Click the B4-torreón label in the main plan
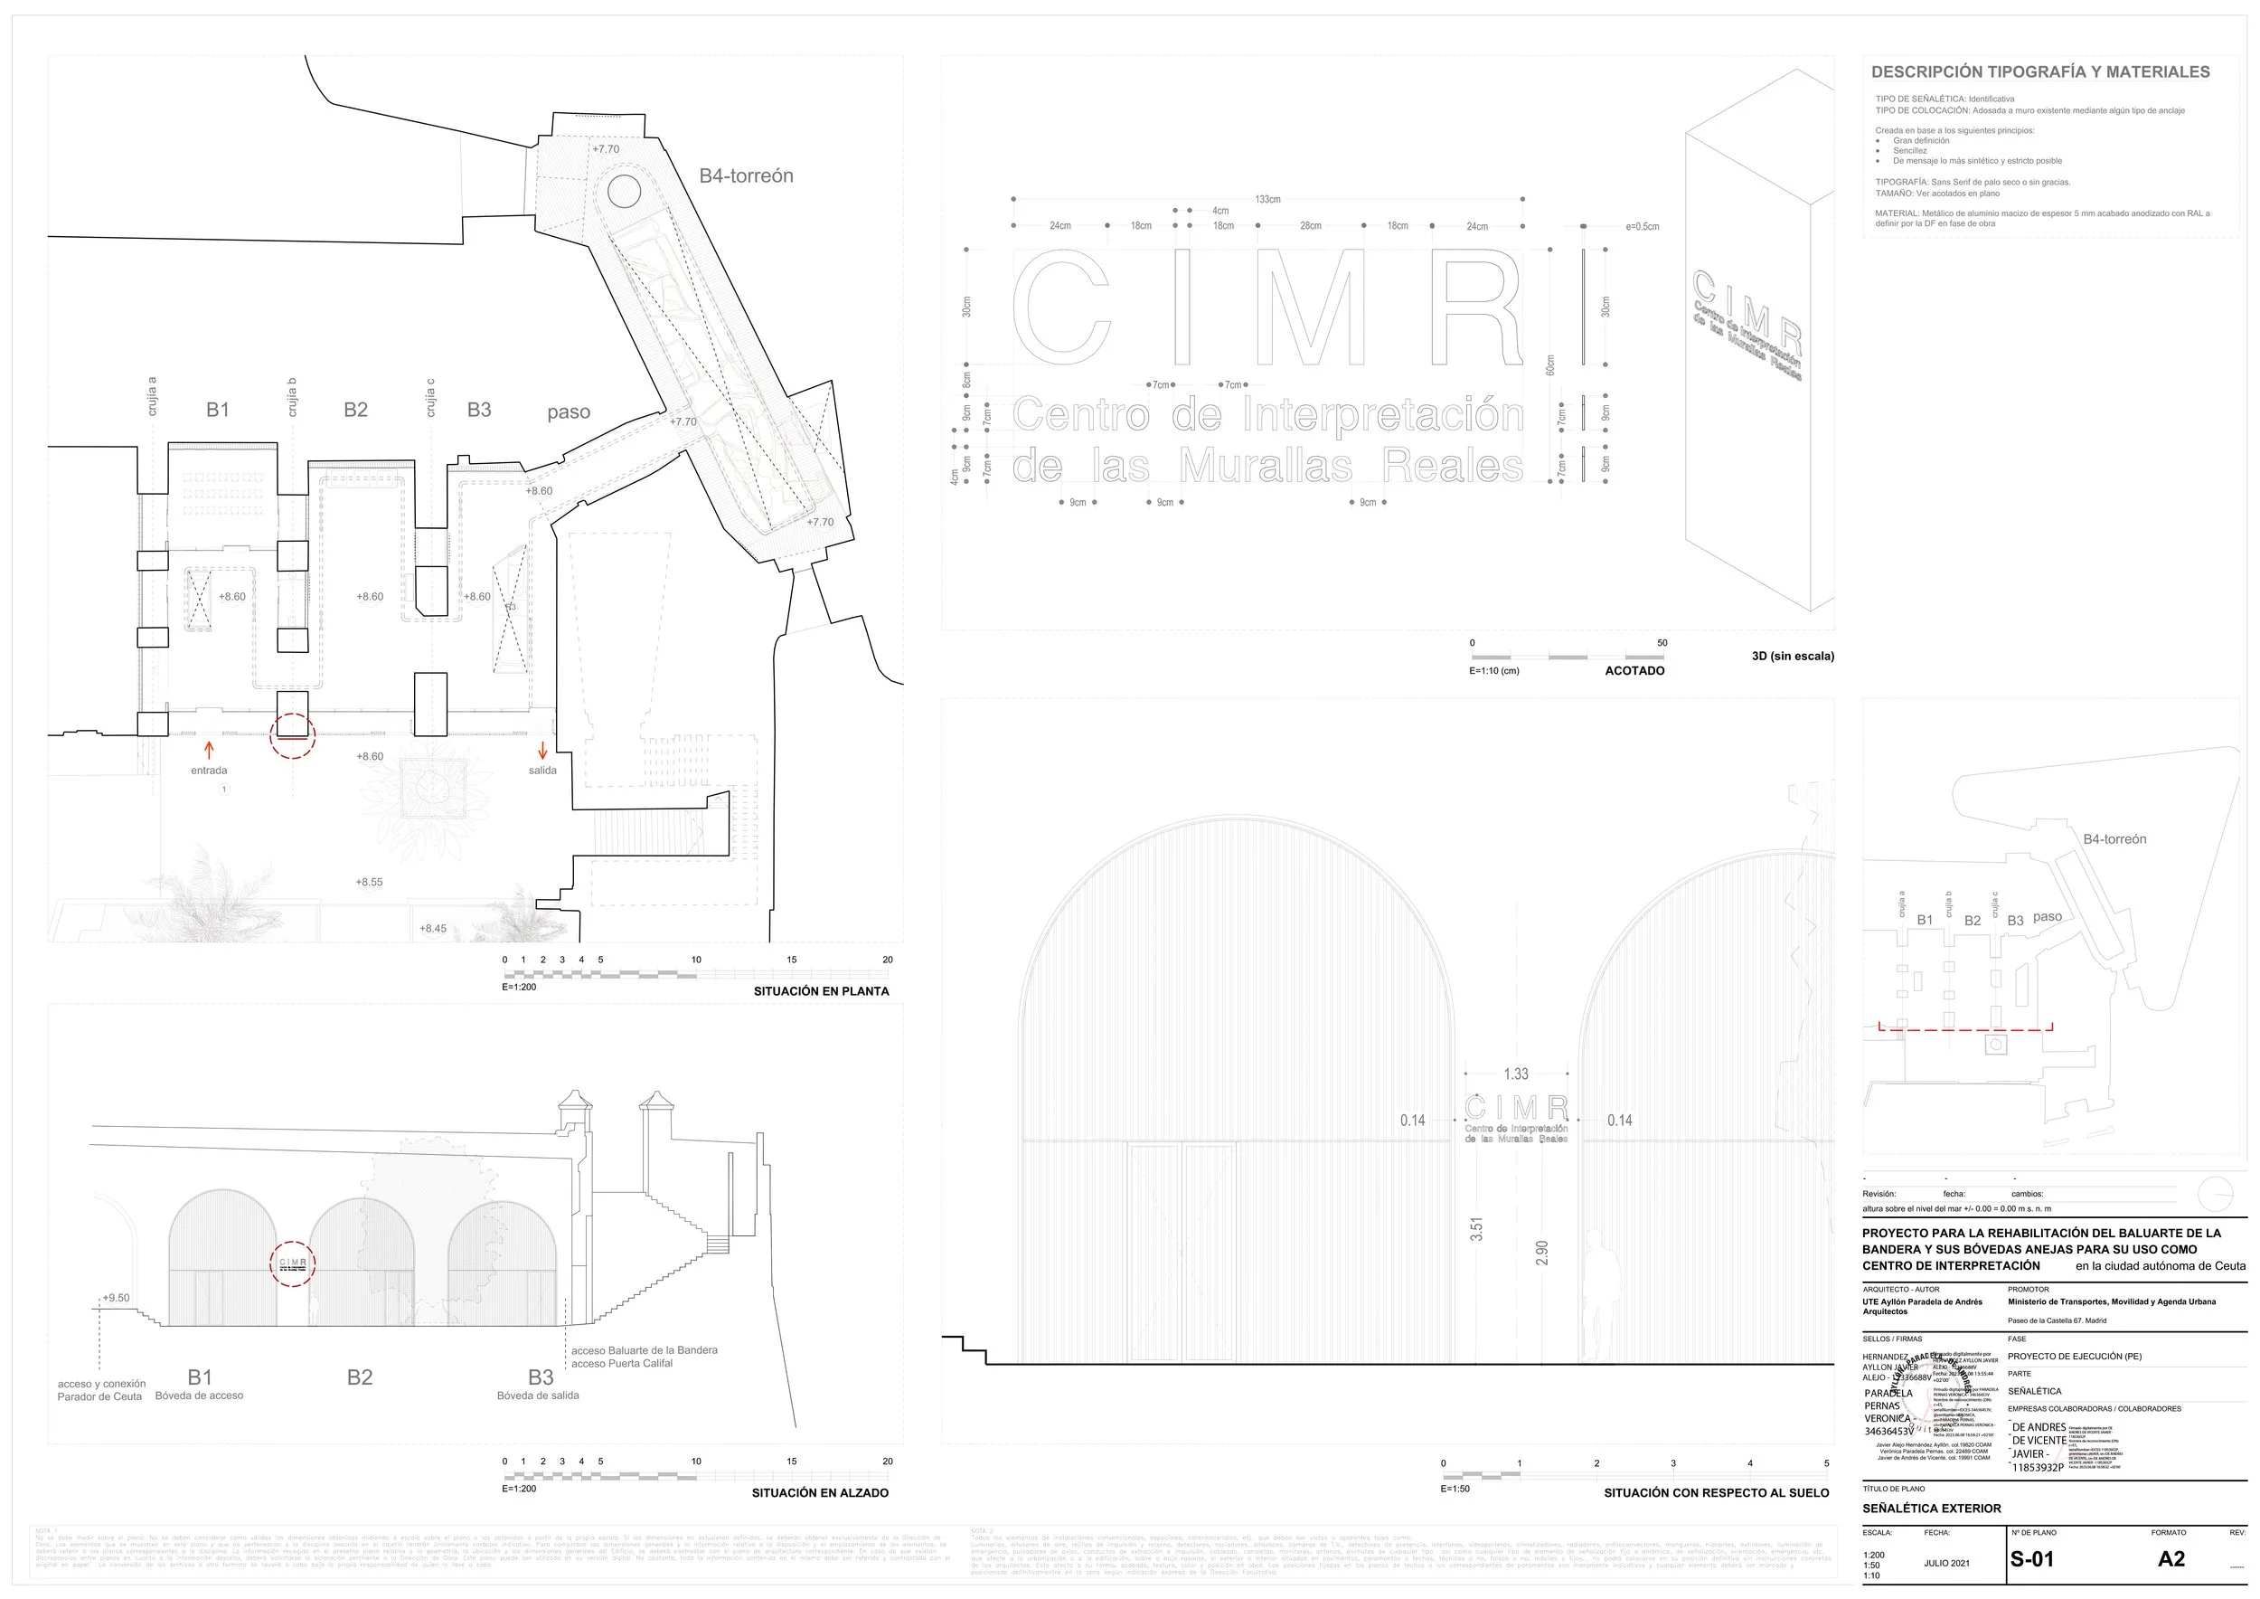[x=746, y=176]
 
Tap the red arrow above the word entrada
[x=209, y=751]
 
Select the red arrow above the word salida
[x=542, y=752]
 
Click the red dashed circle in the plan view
[x=292, y=735]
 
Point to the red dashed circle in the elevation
[x=292, y=1263]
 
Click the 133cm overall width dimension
[x=1267, y=200]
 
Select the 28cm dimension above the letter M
[x=1310, y=226]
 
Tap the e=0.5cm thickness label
[x=1642, y=226]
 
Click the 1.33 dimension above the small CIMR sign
[x=1516, y=1074]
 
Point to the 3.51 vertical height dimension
[x=1476, y=1229]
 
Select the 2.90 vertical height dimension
[x=1542, y=1253]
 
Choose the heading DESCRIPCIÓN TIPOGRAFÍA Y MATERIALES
[x=2040, y=71]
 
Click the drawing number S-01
[x=2031, y=1559]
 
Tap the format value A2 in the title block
[x=2171, y=1558]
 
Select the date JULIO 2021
[x=1947, y=1563]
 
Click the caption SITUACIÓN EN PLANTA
[x=821, y=991]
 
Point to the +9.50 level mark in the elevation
[x=116, y=1298]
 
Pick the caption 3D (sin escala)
[x=1793, y=656]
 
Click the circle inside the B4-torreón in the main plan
[x=624, y=191]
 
